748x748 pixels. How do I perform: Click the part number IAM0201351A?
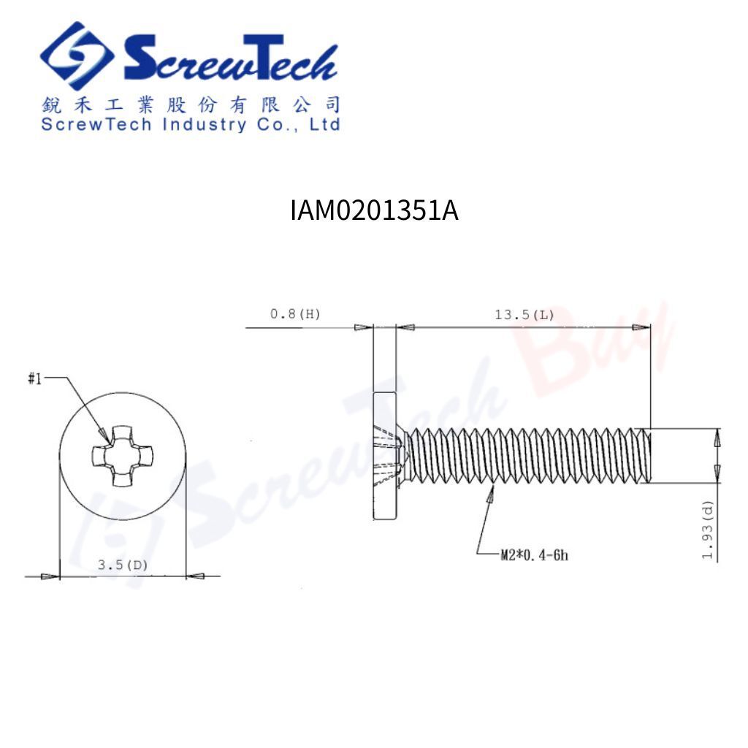click(375, 210)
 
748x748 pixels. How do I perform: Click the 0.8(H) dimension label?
click(295, 314)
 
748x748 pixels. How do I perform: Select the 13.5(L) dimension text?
click(524, 315)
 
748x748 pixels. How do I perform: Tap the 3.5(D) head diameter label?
click(123, 565)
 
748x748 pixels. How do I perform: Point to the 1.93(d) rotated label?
click(708, 530)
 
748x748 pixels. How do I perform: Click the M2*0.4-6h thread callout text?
click(534, 555)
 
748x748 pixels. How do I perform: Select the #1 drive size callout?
click(35, 379)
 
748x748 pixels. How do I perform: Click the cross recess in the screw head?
click(122, 457)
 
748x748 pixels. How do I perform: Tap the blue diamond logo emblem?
click(77, 56)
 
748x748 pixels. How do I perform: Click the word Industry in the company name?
click(205, 124)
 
